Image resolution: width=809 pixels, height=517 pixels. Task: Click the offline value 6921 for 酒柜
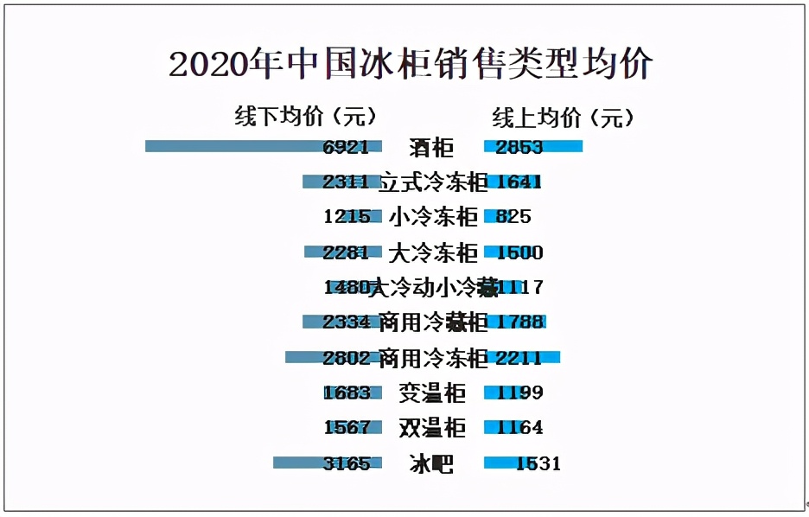(x=346, y=147)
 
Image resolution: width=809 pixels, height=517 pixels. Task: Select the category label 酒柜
(x=431, y=148)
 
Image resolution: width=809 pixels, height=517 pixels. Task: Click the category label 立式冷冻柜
(x=433, y=182)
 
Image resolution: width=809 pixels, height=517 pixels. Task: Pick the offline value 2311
(x=346, y=182)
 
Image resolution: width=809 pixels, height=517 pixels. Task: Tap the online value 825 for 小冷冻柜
(x=513, y=217)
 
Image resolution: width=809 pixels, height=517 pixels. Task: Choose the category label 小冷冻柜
(x=433, y=217)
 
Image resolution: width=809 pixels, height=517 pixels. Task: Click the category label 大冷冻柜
(x=433, y=252)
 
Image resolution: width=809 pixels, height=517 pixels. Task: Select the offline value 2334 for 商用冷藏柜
(x=347, y=322)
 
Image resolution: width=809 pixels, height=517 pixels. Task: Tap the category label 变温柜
(x=432, y=393)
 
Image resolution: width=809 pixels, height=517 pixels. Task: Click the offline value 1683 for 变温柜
(x=347, y=393)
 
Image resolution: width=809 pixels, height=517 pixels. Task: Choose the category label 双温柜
(x=432, y=428)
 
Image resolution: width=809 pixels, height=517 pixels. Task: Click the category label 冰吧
(x=431, y=463)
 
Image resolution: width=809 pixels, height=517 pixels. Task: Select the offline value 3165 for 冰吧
(x=347, y=463)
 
